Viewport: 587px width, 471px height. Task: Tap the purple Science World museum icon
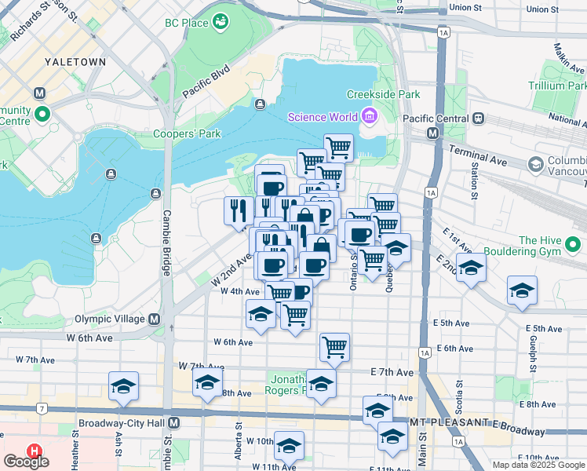(369, 118)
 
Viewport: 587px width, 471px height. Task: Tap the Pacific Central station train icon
(479, 118)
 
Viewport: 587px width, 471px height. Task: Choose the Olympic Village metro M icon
(154, 319)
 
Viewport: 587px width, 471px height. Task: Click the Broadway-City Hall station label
(122, 422)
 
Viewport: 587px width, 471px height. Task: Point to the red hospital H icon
(35, 452)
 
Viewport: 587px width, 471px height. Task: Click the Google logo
(26, 462)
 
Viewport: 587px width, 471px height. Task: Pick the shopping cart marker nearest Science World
(337, 146)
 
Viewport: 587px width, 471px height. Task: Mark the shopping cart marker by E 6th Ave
(334, 346)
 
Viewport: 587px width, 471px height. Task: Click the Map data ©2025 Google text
(538, 465)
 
